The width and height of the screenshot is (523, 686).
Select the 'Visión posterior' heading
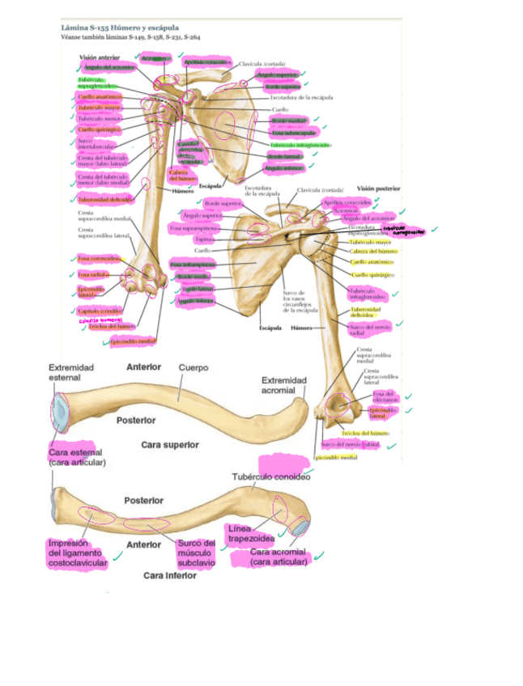378,188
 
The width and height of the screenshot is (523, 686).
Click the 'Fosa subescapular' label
288,133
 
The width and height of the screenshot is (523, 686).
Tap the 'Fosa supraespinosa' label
192,229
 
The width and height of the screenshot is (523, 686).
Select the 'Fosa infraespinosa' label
193,265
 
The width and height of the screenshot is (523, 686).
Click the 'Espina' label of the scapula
206,240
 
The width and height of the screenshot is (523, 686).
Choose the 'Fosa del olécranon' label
384,396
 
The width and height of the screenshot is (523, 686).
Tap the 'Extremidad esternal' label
71,372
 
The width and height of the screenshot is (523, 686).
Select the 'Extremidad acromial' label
284,384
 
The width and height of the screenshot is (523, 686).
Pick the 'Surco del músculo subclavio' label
197,553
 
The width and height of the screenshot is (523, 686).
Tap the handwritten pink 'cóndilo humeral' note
100,320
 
